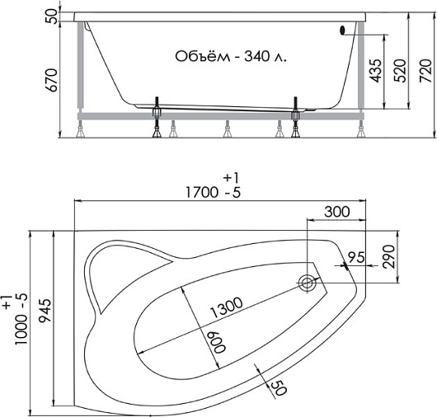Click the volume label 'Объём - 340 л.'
[231, 57]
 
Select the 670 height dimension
[52, 80]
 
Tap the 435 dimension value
[376, 71]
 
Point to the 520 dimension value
[400, 71]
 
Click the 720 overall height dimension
[425, 71]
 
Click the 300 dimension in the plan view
[337, 212]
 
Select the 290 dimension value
[389, 257]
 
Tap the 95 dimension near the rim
[356, 257]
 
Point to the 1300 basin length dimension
[226, 307]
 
